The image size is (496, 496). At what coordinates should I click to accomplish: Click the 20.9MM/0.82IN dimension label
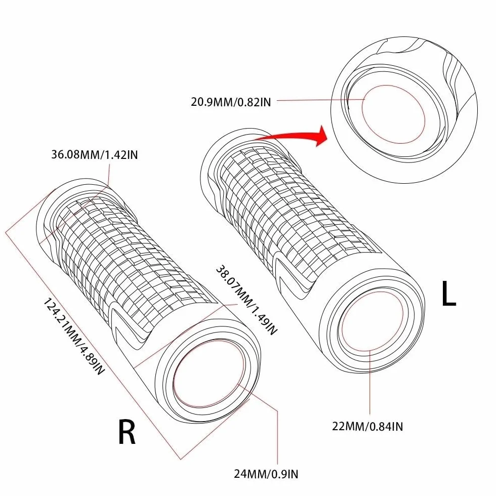coord(231,102)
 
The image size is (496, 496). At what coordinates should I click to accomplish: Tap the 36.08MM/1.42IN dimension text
coord(95,155)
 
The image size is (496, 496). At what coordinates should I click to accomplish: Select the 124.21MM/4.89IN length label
coord(73,337)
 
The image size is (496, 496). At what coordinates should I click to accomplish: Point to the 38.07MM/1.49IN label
coord(246,300)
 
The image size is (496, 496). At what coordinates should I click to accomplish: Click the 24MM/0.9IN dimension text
coord(266,474)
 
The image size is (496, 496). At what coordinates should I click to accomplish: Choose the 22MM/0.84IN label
coord(367,426)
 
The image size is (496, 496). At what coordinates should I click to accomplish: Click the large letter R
coord(127,432)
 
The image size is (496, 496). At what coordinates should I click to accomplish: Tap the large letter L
coord(448,294)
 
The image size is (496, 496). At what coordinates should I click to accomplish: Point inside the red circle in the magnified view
coord(394,114)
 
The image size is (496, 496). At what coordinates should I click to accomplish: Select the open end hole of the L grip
coord(372,321)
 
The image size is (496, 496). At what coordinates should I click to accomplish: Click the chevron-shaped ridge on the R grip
coord(127,329)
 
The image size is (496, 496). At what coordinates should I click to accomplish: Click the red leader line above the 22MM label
coord(370,382)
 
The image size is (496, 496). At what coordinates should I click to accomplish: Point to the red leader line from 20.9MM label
coord(321,100)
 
